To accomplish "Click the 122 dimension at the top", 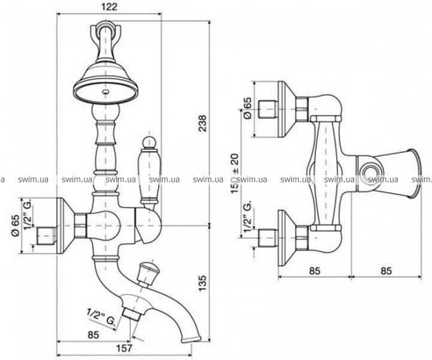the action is pos(109,7).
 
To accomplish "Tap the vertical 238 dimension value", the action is pos(203,123).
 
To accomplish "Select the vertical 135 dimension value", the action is pos(203,283).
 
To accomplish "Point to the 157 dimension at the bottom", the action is pos(124,348).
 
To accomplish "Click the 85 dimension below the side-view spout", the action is pos(94,335).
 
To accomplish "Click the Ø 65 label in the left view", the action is pos(16,226).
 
